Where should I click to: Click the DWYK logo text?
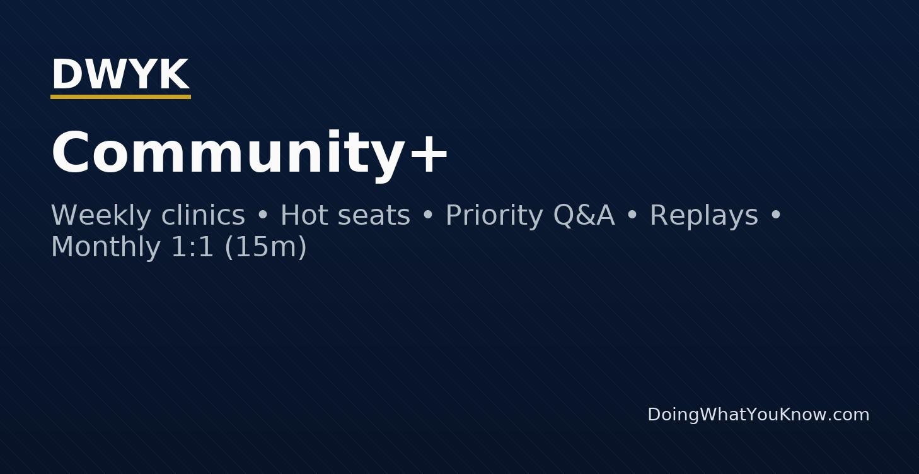[x=120, y=74]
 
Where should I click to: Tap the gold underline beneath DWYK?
[x=120, y=97]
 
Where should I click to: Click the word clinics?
[x=203, y=215]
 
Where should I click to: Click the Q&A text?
[x=584, y=215]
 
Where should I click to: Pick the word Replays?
[x=703, y=215]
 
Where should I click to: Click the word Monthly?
[x=105, y=247]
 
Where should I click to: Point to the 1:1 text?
[x=193, y=247]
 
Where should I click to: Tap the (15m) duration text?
[x=265, y=247]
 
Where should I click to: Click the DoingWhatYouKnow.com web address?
[x=758, y=415]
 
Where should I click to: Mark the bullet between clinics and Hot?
[x=263, y=216]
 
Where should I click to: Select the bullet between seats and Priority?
[x=428, y=216]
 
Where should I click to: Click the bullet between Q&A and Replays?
[x=632, y=216]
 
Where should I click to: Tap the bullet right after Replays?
[x=776, y=216]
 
